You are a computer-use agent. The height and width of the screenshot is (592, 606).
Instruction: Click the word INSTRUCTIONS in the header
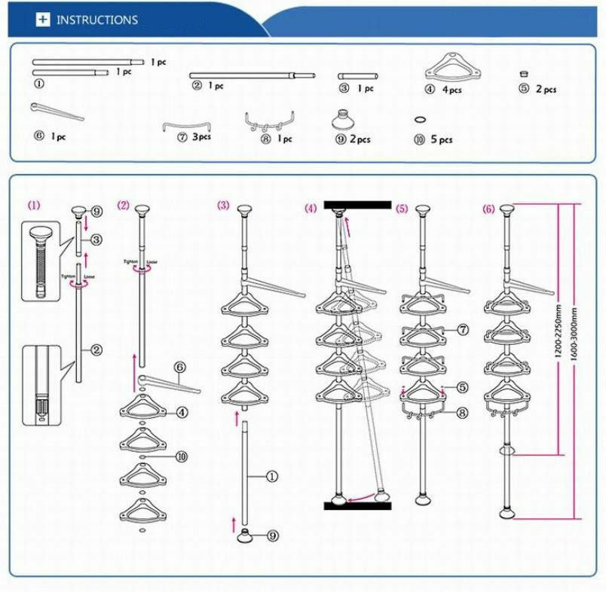click(97, 20)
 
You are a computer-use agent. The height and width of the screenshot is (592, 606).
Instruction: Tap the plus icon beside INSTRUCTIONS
click(42, 20)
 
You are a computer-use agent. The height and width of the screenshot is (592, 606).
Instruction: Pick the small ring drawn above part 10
click(420, 119)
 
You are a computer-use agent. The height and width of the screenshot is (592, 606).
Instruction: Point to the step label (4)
click(311, 208)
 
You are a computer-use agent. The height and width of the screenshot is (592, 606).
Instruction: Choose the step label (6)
click(488, 208)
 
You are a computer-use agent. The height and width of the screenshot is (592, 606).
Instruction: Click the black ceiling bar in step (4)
click(357, 204)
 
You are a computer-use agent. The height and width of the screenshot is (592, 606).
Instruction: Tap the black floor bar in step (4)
click(357, 505)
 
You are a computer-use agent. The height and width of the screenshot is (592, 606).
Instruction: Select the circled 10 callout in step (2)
click(180, 456)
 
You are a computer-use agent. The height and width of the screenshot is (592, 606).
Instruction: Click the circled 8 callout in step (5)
click(461, 412)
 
